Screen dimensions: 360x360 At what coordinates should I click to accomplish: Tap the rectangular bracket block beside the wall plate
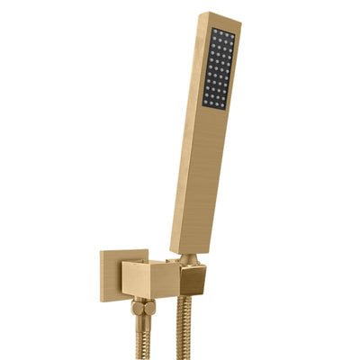(x=149, y=279)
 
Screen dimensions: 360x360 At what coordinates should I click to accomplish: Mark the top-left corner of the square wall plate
(x=101, y=251)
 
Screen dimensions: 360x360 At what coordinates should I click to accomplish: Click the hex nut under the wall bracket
(x=143, y=308)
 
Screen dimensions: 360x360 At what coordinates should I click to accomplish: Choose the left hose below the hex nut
(x=142, y=337)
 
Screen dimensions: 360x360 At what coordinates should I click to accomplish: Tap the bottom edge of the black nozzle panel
(x=214, y=107)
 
